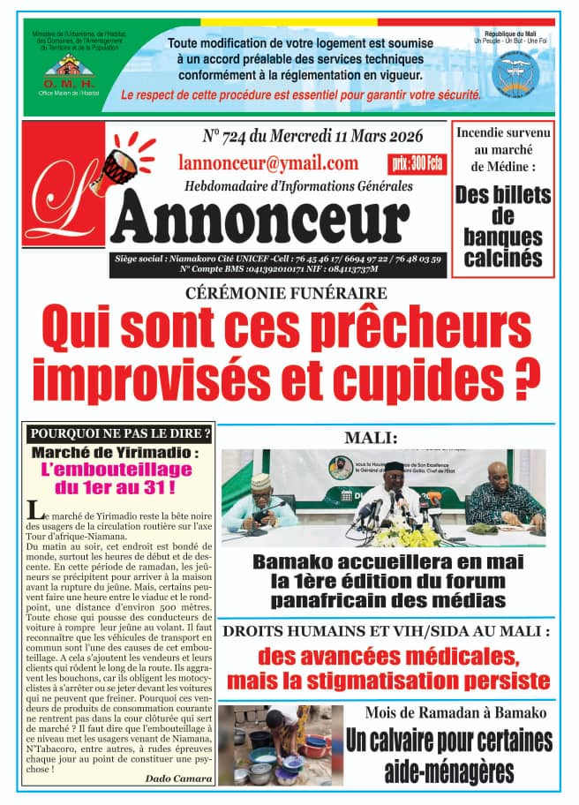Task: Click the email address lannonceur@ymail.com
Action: [267, 162]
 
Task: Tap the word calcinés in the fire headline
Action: [502, 258]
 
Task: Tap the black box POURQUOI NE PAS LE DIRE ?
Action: [120, 433]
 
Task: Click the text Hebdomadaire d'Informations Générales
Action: [298, 185]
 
